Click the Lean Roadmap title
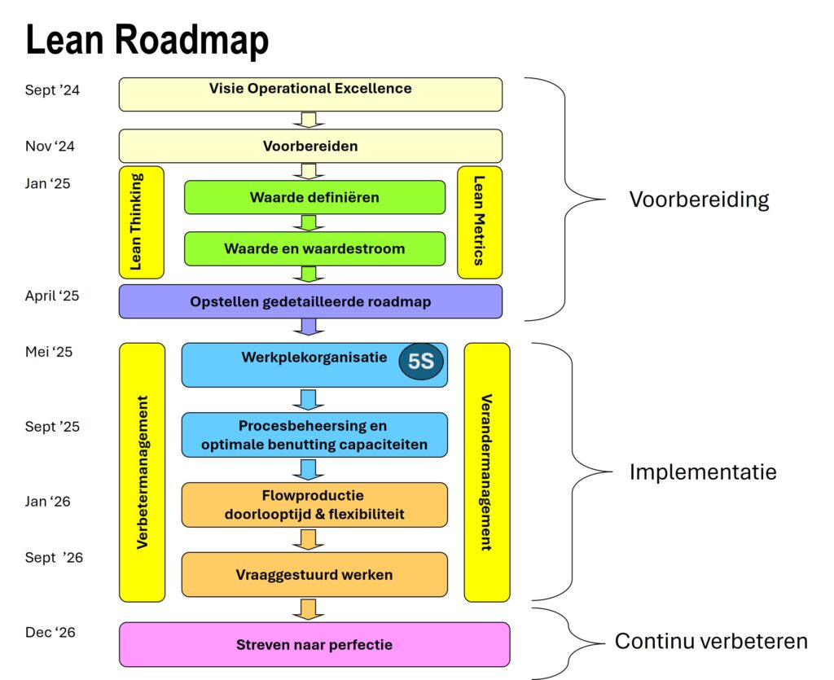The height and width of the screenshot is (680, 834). [147, 40]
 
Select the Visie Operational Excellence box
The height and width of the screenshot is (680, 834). [310, 94]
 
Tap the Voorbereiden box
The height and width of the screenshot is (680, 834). [310, 147]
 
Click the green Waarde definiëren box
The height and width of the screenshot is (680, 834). [314, 197]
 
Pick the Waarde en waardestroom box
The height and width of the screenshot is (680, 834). [314, 248]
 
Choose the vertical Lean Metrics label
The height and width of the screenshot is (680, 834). [480, 222]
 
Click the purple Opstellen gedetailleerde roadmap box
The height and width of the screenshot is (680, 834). [310, 301]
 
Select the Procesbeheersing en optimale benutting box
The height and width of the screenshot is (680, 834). [314, 436]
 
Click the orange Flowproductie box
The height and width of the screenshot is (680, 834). [314, 505]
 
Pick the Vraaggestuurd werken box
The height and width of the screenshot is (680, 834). [314, 574]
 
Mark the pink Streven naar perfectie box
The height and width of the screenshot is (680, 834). [314, 645]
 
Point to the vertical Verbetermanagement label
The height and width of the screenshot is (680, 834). [142, 472]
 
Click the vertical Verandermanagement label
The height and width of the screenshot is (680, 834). [487, 472]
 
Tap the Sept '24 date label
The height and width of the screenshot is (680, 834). [52, 90]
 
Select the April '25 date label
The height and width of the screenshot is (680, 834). [52, 296]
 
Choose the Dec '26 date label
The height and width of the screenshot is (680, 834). [50, 632]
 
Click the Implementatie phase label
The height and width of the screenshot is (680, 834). [703, 472]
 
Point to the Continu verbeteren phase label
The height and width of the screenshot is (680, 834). [711, 641]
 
